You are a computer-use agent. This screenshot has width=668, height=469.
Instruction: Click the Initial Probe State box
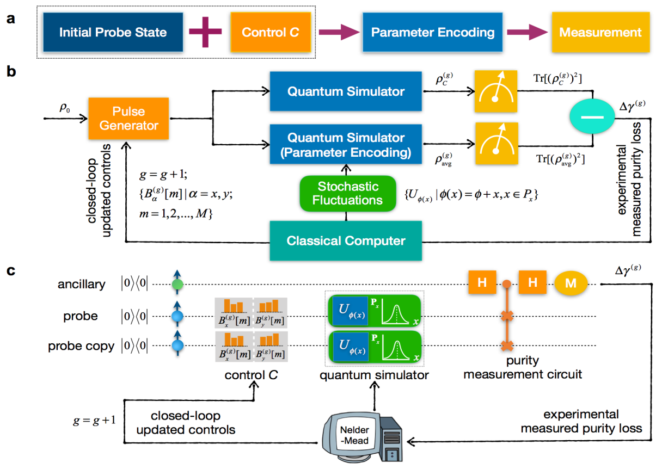(x=113, y=32)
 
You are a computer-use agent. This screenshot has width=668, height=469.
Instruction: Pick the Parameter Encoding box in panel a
(x=432, y=33)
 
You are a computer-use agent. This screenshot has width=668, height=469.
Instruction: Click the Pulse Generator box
(x=128, y=118)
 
